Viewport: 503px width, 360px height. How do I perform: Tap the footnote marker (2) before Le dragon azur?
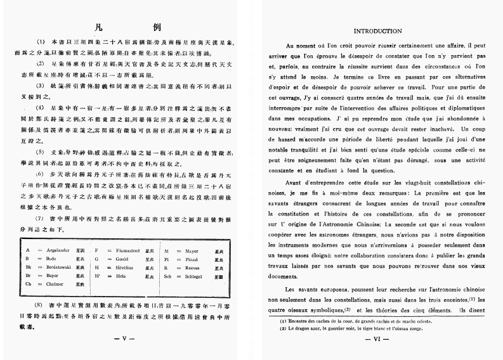283,329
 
